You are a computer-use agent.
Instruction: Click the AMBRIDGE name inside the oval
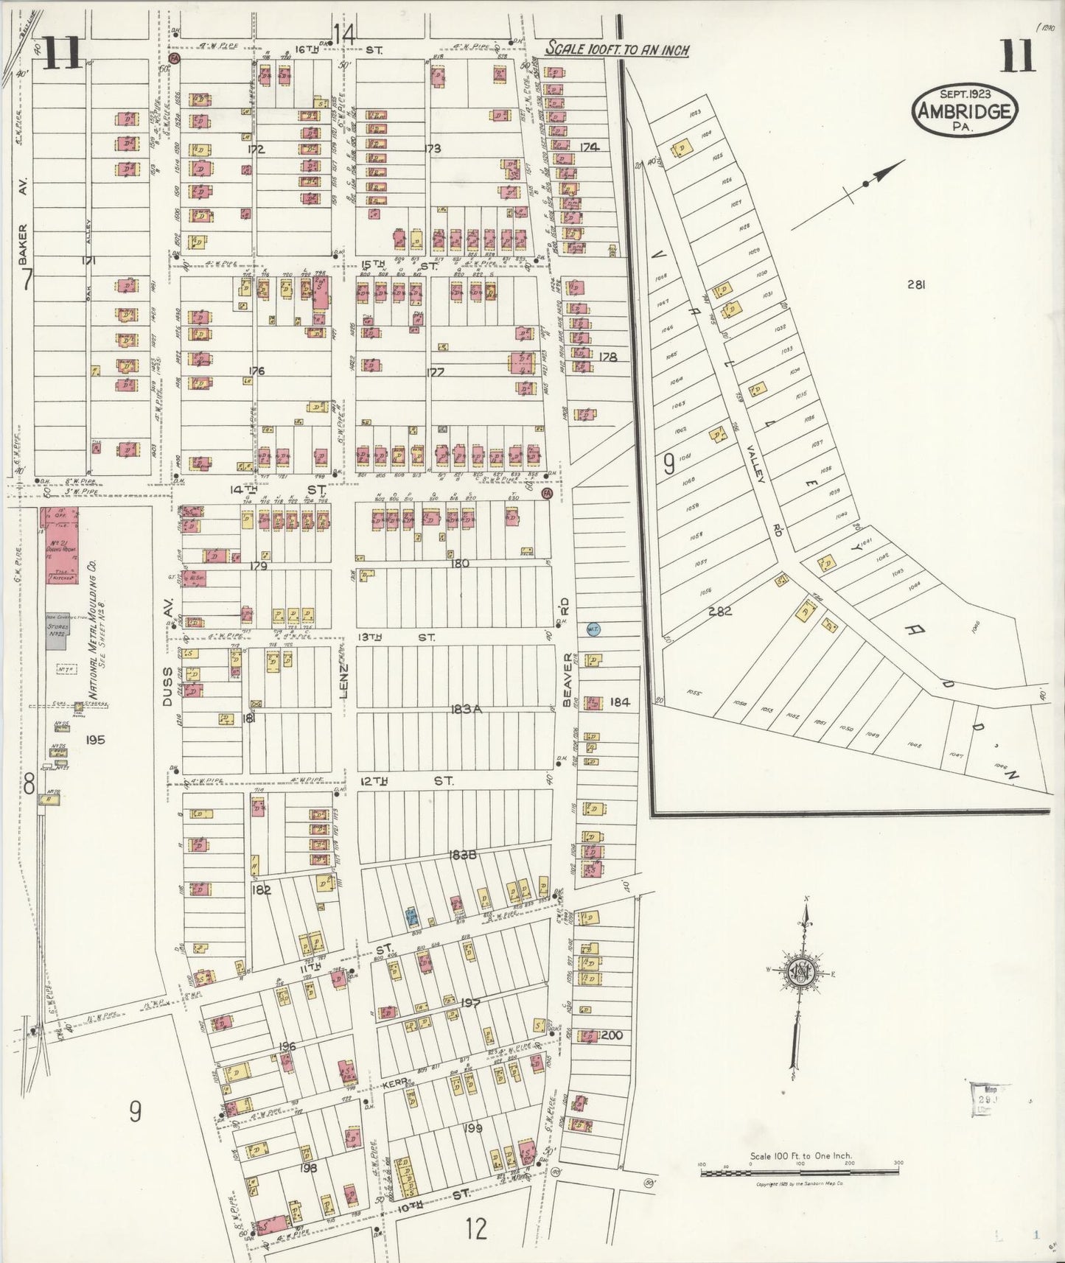965,111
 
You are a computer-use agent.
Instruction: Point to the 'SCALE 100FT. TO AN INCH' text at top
617,50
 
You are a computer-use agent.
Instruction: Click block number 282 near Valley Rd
719,611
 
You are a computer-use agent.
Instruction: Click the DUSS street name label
167,687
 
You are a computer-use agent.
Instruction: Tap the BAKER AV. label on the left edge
22,243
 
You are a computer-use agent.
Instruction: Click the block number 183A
467,709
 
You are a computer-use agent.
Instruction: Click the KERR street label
395,1085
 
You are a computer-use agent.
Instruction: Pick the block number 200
612,1035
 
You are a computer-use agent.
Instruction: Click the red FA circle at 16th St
175,57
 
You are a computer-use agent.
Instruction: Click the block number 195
94,740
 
